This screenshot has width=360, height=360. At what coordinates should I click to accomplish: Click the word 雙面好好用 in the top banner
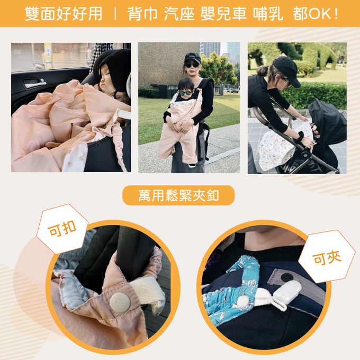click(64, 14)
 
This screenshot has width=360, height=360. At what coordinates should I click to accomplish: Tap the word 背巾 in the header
click(142, 14)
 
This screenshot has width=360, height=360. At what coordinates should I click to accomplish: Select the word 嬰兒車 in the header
click(223, 14)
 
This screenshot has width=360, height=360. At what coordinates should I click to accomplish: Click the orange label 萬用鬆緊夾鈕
click(178, 195)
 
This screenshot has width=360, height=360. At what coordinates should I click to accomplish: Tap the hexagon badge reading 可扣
click(62, 229)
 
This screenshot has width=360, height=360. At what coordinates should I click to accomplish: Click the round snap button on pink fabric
click(120, 303)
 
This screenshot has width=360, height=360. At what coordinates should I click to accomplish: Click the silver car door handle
click(34, 83)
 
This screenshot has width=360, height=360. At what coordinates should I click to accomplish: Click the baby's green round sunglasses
click(185, 93)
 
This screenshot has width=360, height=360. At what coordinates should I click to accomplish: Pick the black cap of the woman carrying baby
click(192, 58)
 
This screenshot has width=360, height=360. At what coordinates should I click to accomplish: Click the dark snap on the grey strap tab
click(286, 277)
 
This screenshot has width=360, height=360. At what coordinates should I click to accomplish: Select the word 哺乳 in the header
click(268, 14)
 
